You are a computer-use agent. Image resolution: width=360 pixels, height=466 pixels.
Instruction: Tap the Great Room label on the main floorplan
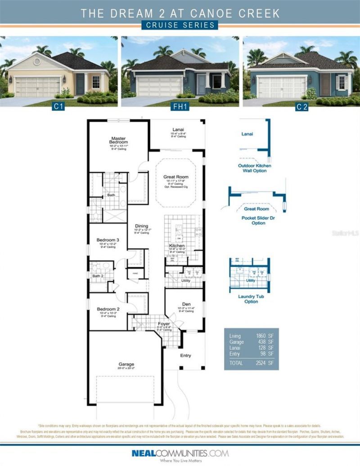pyautogui.click(x=175, y=177)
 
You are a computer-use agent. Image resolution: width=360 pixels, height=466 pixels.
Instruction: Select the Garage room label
pyautogui.click(x=126, y=364)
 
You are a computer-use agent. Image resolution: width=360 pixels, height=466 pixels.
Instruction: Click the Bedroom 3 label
pyautogui.click(x=108, y=240)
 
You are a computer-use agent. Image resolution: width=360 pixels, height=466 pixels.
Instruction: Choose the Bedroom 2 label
pyautogui.click(x=108, y=309)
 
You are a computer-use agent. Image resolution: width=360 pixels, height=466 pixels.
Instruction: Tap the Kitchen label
pyautogui.click(x=177, y=246)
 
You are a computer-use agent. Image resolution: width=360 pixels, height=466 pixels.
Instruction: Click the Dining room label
pyautogui.click(x=142, y=226)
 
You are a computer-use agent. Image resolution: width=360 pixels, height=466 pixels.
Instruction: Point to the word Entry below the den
pyautogui.click(x=186, y=356)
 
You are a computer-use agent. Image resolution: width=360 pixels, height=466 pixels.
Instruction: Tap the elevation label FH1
pyautogui.click(x=180, y=107)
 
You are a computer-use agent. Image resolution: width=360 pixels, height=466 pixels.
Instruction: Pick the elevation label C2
pyautogui.click(x=301, y=107)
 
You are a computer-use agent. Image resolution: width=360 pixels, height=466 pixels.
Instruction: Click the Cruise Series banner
pyautogui.click(x=180, y=25)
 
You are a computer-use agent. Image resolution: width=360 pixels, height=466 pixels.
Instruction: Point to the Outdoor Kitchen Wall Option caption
pyautogui.click(x=255, y=168)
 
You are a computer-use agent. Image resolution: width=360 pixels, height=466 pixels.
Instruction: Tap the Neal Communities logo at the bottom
pyautogui.click(x=180, y=454)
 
